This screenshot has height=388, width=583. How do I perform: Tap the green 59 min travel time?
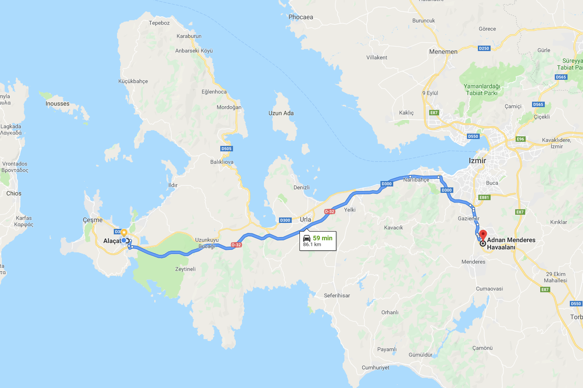click(x=322, y=238)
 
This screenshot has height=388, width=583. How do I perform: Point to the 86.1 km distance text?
click(x=312, y=245)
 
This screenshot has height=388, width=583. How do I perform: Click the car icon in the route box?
click(x=307, y=238)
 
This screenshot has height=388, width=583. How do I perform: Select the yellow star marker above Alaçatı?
click(x=124, y=233)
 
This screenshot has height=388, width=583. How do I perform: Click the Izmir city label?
click(x=477, y=161)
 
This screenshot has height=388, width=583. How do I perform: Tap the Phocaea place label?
click(x=300, y=17)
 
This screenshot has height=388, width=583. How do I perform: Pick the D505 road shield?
click(x=226, y=148)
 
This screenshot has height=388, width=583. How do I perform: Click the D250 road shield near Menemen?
click(x=484, y=48)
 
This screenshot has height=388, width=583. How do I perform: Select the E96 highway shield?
click(x=521, y=139)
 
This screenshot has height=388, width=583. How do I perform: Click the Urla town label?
click(x=305, y=219)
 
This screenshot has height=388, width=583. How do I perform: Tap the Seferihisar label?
click(x=337, y=295)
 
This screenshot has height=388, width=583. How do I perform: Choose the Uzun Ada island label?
click(x=281, y=113)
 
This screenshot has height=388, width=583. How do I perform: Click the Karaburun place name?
click(x=189, y=36)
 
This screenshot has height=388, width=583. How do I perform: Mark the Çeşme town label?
click(x=92, y=220)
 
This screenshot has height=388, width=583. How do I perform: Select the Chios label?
click(x=14, y=193)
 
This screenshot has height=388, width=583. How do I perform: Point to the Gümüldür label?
click(x=420, y=354)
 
